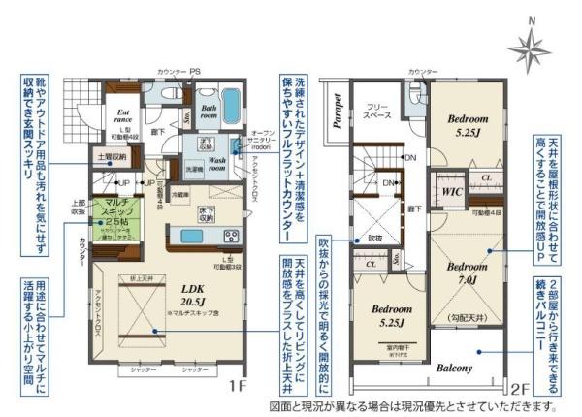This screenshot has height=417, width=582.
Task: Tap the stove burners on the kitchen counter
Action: click(x=233, y=236)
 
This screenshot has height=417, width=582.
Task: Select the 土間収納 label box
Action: click(x=112, y=155)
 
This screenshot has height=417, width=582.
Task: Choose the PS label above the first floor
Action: click(x=194, y=70)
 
